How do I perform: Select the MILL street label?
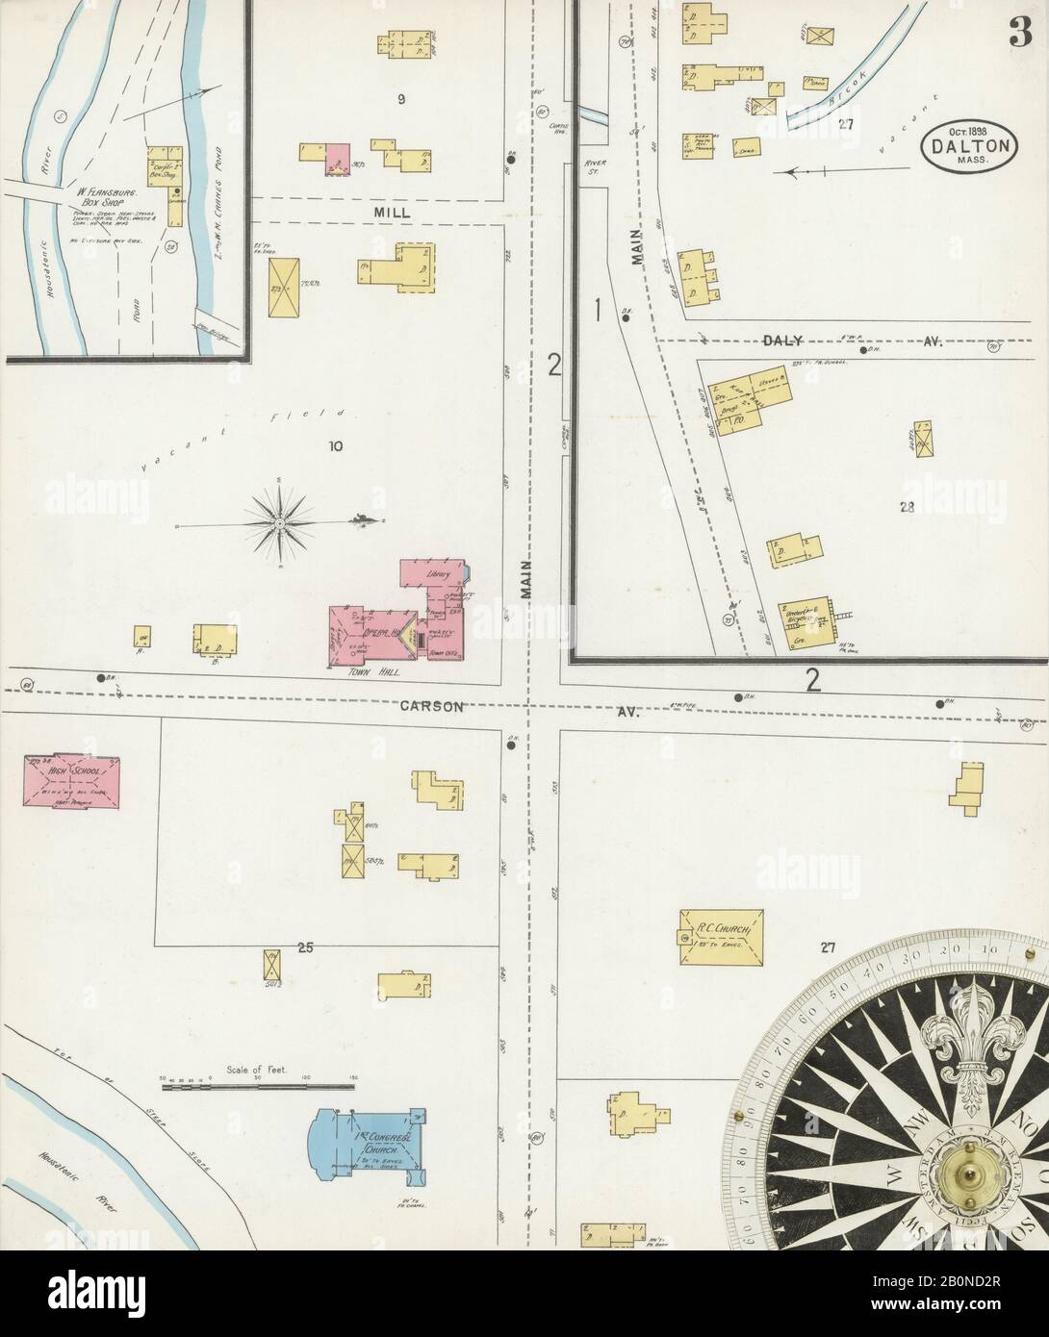394,213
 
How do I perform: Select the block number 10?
336,446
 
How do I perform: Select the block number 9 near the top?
399,98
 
